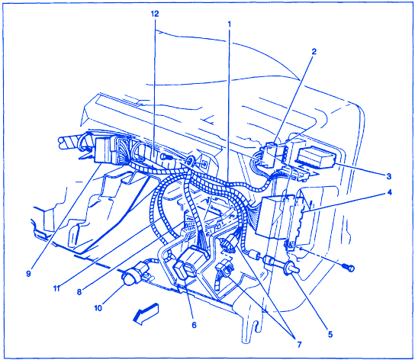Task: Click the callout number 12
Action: tap(155, 14)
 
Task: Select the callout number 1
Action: tap(229, 24)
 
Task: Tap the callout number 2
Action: tap(314, 51)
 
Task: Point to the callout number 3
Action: tap(389, 176)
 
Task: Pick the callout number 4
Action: tap(389, 192)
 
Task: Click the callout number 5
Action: tap(330, 334)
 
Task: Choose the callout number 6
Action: tap(194, 325)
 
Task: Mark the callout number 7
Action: tap(299, 345)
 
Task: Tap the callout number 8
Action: tap(79, 291)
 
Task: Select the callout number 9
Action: tap(28, 274)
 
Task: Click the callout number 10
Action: tap(98, 308)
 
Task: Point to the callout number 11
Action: tap(56, 288)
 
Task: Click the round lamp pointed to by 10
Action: tap(128, 278)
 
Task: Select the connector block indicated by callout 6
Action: tap(189, 262)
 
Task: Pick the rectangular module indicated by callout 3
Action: tap(317, 156)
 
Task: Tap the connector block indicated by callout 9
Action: tap(104, 149)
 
